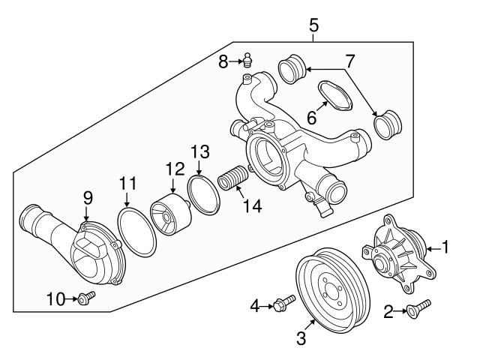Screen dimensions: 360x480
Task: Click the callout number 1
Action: point(445,245)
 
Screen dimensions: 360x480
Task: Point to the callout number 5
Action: point(313,25)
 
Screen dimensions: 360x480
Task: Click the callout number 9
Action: point(88,197)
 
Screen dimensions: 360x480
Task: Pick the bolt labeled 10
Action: point(84,300)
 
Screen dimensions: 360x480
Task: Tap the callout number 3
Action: point(301,339)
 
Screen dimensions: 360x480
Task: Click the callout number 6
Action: point(309,118)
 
